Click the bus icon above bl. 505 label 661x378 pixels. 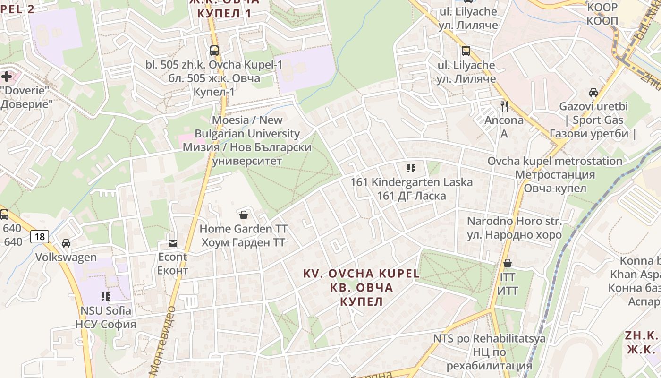click(214, 51)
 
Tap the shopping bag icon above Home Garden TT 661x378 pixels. click(244, 215)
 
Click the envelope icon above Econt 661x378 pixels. click(173, 243)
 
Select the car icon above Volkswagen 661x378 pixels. click(66, 243)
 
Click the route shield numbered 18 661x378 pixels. click(40, 236)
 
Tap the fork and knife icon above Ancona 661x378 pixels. click(504, 106)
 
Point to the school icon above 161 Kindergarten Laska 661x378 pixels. click(411, 168)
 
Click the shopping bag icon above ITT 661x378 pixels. click(508, 263)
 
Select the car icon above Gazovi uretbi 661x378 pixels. click(593, 93)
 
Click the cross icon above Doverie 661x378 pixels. click(7, 76)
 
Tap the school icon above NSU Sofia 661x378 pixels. click(106, 297)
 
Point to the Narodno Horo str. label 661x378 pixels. click(514, 221)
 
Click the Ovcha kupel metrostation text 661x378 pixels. click(555, 161)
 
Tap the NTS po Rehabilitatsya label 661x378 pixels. click(489, 338)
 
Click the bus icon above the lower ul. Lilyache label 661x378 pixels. click(466, 51)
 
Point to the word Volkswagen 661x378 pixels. click(66, 258)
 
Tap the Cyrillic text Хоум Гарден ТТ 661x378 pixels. click(244, 242)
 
